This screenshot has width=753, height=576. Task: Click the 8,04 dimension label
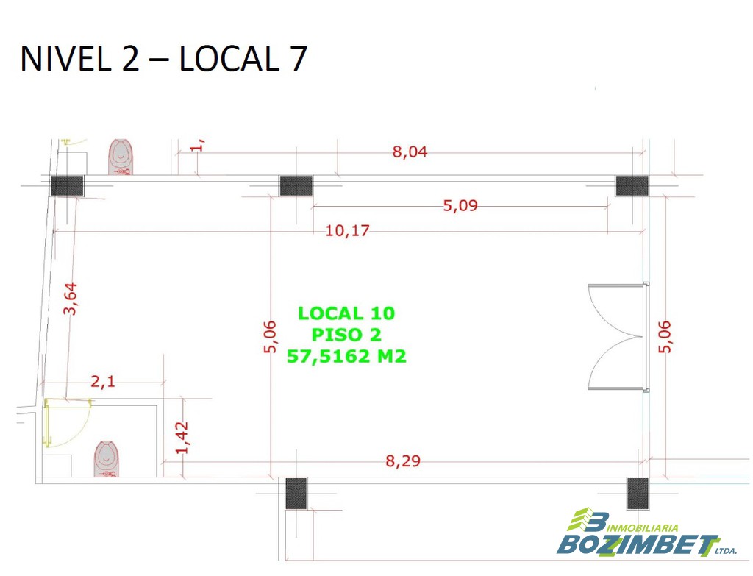point(410,152)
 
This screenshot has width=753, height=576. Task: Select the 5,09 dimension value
point(460,206)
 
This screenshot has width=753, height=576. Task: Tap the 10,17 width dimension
point(347,230)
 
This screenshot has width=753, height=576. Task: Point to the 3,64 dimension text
point(70,299)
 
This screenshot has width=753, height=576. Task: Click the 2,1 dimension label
point(103,382)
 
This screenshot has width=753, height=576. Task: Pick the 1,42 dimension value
point(182,437)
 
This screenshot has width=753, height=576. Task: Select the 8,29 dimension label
point(403,461)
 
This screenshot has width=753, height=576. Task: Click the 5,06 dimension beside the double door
point(664,337)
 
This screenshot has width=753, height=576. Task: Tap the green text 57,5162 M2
point(346,356)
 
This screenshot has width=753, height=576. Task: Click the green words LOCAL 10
point(346,313)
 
